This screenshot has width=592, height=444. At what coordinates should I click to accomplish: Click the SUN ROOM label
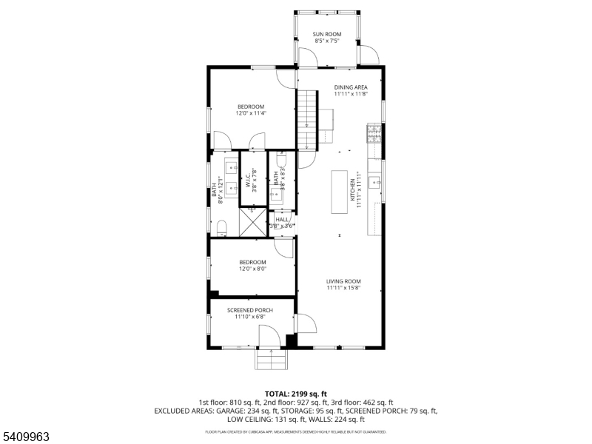326,34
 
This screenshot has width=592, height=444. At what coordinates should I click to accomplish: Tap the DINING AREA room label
350,87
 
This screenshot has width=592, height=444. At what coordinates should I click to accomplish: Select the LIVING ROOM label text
343,281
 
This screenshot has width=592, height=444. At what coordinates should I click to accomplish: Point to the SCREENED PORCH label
249,310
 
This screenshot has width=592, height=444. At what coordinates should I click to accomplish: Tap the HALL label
282,219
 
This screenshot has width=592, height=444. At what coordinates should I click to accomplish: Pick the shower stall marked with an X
253,221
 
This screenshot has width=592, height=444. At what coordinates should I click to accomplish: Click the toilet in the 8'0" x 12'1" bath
222,225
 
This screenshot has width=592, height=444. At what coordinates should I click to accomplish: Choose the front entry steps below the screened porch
270,360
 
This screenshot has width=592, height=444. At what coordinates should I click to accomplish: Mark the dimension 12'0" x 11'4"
250,113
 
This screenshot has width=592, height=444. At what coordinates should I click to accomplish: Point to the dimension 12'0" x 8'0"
252,269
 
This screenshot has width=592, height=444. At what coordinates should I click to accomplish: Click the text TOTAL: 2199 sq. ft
295,394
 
